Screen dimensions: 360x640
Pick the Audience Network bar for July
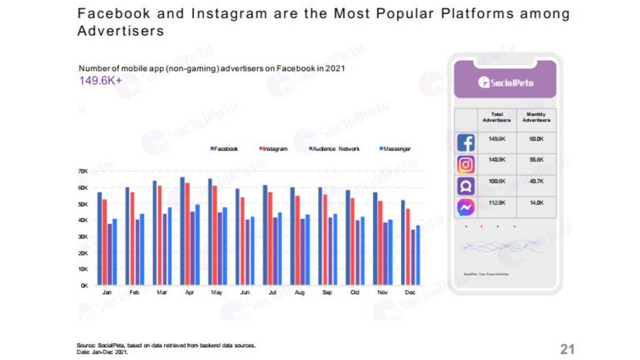(x=275, y=251)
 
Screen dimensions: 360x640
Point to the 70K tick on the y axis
(x=83, y=171)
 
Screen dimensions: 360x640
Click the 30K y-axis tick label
(x=83, y=237)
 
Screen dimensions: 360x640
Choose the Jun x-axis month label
(x=244, y=293)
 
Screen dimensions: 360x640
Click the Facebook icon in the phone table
(x=466, y=143)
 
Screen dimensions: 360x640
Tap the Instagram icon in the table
(x=466, y=165)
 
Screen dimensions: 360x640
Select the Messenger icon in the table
(x=466, y=207)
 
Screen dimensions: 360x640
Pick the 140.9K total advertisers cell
(x=497, y=159)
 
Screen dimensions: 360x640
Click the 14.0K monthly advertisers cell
(x=537, y=203)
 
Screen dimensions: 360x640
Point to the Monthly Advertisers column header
(x=537, y=117)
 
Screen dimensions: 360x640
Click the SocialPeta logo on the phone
(x=505, y=82)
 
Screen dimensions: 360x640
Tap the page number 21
(x=567, y=349)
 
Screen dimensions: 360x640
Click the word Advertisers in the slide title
(x=121, y=31)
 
